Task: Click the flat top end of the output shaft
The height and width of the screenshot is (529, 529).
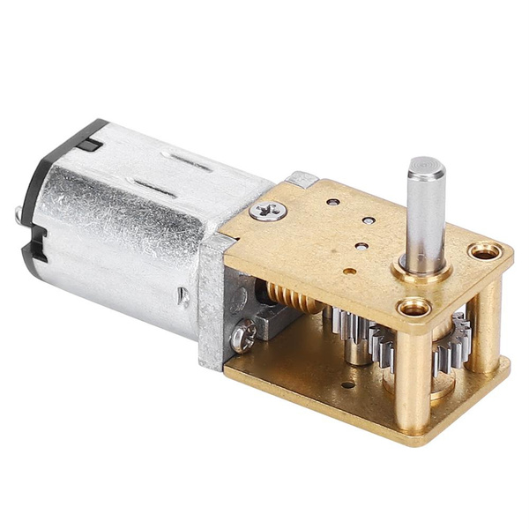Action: pos(425,165)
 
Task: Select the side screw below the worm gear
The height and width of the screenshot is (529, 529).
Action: pos(244,334)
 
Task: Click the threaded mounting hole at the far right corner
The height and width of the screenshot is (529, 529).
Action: pos(484,253)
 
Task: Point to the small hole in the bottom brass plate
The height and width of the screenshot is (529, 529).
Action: pos(351,384)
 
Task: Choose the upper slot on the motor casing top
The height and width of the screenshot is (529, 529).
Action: pos(191,163)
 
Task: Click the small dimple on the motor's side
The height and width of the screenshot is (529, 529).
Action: pos(183,296)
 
